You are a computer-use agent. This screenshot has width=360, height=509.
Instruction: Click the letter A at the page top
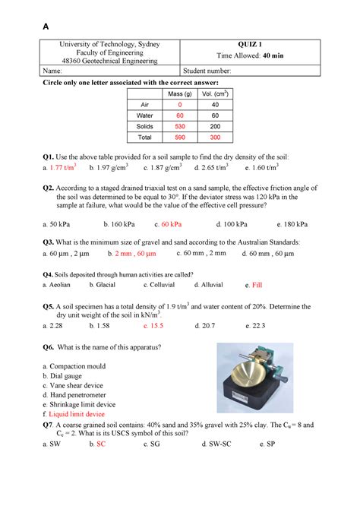[x=46, y=26]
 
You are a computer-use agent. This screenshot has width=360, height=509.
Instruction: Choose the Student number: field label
[x=209, y=71]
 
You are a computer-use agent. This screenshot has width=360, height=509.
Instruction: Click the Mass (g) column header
[x=180, y=93]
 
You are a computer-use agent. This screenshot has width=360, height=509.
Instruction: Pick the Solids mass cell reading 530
[x=180, y=126]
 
